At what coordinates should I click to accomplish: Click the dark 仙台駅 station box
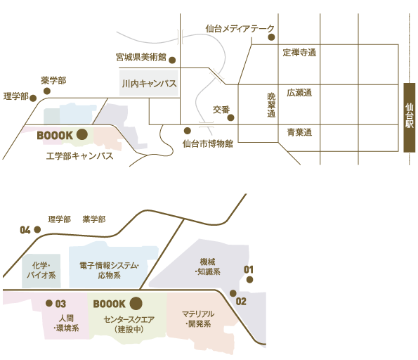point(410,117)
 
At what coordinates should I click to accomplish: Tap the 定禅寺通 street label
point(299,53)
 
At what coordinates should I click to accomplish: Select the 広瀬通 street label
point(299,93)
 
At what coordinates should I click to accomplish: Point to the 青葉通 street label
point(299,132)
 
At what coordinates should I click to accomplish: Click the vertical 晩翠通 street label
point(271,105)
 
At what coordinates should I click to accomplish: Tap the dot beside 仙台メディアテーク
point(271,37)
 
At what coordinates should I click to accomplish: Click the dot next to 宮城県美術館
point(173,60)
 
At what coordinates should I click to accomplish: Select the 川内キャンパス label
point(149,84)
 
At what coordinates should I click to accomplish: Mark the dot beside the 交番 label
point(231,117)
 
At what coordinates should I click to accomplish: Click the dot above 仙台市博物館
point(188,131)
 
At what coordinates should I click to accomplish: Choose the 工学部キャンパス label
point(79,156)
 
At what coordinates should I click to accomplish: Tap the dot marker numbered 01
point(250,280)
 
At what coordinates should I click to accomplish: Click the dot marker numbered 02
point(233,293)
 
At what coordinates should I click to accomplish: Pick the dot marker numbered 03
point(48,303)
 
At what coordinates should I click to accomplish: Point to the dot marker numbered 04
point(37,229)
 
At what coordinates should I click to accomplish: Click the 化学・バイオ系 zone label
point(41,270)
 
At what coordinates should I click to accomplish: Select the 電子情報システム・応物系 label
point(110,270)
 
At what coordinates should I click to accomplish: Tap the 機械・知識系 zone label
point(207,266)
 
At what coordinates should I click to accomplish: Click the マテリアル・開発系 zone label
point(198,319)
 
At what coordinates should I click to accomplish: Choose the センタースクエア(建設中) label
point(129,324)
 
